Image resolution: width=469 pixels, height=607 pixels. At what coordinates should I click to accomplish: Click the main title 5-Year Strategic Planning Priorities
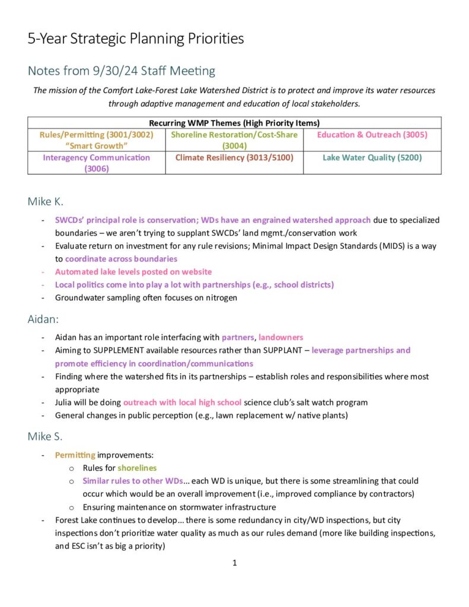coord(136,39)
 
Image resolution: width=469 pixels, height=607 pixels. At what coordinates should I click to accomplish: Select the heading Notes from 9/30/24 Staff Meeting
coord(121,71)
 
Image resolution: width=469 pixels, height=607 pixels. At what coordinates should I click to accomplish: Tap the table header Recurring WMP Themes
coord(234,123)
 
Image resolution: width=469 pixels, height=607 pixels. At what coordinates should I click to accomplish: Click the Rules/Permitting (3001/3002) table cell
coord(96,140)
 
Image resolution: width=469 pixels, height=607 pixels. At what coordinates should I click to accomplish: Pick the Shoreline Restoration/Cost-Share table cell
coord(234,140)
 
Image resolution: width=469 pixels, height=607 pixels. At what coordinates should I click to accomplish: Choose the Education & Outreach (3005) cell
coord(372,135)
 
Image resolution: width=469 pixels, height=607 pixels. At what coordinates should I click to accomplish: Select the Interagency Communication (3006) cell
coord(96,163)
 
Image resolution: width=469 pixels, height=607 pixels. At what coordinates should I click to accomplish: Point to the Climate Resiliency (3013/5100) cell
coord(234,158)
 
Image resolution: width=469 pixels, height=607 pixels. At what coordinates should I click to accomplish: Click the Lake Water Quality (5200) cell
coord(372,158)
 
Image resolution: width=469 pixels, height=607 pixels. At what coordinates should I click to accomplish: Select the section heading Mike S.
coord(45,437)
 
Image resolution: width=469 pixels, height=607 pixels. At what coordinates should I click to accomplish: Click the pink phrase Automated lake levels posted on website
coord(133,272)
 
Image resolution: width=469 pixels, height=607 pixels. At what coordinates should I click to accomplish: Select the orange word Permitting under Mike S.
coord(75,455)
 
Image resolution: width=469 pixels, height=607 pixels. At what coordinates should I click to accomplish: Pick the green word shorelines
coord(137,468)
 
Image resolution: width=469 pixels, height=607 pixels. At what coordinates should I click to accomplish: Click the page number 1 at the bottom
coord(235,563)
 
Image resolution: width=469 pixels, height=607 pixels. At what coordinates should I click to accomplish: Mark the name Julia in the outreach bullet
coord(65,402)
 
